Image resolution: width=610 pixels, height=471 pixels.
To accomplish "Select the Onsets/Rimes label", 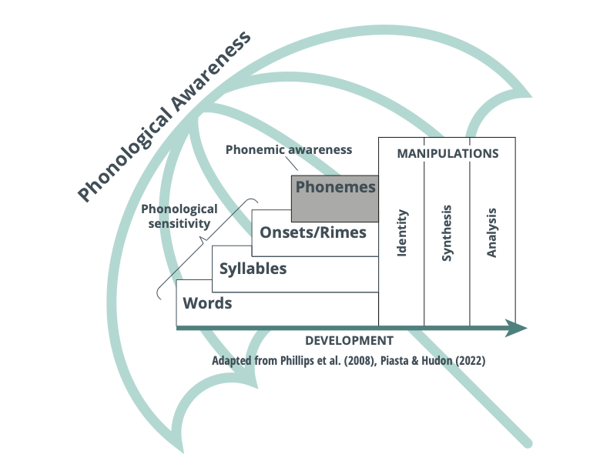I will [313, 232].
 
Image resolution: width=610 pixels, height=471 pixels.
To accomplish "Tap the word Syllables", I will [253, 269].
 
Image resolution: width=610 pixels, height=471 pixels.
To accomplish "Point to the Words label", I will [207, 303].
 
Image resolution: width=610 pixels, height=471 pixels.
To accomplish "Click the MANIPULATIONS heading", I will [447, 153].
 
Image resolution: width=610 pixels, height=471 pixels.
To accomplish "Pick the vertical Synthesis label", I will [447, 233].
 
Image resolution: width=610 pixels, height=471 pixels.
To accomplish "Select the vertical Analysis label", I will [493, 233].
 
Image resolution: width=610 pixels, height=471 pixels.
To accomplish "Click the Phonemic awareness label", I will [288, 149].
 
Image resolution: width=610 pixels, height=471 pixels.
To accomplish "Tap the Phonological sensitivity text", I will [179, 216].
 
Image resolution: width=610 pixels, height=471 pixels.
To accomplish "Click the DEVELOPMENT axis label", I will [349, 340].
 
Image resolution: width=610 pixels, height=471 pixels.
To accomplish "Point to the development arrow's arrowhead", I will [518, 328].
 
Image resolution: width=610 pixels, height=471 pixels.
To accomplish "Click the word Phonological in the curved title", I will [127, 151].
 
